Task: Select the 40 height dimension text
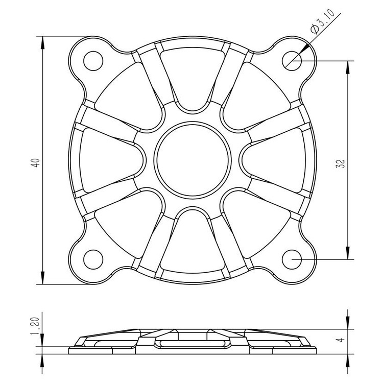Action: coord(36,163)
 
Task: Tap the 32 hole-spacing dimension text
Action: coord(341,163)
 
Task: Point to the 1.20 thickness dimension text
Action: coord(35,326)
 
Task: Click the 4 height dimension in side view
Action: coord(341,339)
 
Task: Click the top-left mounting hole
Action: coord(93,61)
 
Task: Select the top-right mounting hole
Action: coord(292,61)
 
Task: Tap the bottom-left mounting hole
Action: coord(93,259)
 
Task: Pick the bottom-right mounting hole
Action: coord(292,259)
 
